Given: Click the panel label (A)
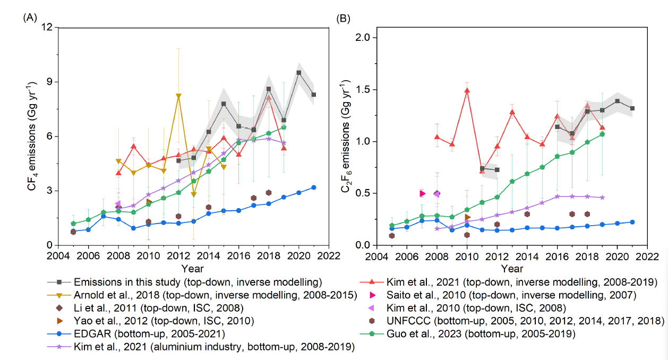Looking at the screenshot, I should [29, 18].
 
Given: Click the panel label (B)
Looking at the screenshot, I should [344, 18].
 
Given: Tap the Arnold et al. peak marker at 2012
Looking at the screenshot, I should [178, 96].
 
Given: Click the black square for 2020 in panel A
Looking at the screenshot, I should [299, 72].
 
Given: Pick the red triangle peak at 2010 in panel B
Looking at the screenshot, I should [467, 90].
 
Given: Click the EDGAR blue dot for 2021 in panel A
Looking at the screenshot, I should [314, 187].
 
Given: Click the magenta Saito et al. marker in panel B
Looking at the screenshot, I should [422, 193].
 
